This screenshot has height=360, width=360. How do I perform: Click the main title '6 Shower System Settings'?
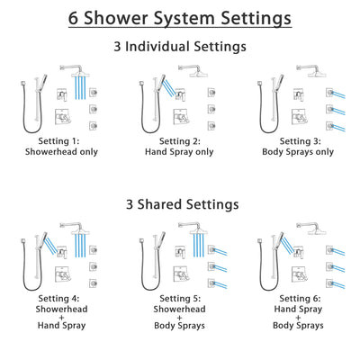[x=180, y=18]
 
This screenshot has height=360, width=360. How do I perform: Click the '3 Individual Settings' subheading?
[x=180, y=48]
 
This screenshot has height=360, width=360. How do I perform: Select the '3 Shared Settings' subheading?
[x=180, y=204]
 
